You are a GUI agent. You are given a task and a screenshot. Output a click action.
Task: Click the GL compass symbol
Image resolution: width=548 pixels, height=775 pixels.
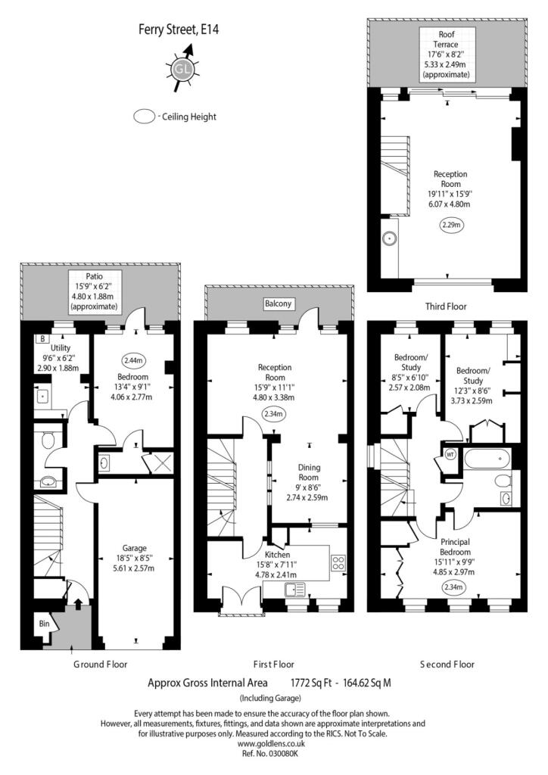tap(182, 69)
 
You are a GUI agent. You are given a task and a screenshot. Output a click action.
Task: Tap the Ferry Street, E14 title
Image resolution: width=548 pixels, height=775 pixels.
tap(179, 30)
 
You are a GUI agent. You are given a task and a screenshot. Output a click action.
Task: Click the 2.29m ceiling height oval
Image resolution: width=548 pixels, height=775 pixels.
tap(450, 225)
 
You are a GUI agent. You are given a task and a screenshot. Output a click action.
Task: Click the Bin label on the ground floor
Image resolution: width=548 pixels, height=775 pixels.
tap(45, 624)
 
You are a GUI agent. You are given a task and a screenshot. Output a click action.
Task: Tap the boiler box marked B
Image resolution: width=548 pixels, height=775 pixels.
tap(42, 339)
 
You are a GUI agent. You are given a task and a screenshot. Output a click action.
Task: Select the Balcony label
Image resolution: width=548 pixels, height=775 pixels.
tap(278, 303)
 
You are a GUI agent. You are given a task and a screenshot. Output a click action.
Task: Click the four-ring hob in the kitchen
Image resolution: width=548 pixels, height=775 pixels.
tap(338, 563)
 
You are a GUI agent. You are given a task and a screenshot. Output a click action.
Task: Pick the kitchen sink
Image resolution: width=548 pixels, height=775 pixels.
tap(295, 589)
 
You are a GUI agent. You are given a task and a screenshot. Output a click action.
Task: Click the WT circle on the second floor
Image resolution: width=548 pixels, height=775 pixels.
tap(450, 454)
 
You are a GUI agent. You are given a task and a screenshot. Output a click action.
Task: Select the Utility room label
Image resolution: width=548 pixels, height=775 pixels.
tap(61, 348)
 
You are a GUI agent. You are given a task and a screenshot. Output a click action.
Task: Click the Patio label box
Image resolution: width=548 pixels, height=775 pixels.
tap(95, 291)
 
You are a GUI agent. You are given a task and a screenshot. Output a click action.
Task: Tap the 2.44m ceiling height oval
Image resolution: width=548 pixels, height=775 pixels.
tap(132, 361)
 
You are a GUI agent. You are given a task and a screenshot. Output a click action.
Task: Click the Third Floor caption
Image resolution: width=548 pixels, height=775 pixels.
tap(446, 307)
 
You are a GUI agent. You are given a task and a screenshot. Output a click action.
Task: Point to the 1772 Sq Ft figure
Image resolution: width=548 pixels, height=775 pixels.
tap(311, 683)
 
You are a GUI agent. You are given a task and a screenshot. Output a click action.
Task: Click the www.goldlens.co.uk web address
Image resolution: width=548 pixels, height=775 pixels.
tap(271, 744)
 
